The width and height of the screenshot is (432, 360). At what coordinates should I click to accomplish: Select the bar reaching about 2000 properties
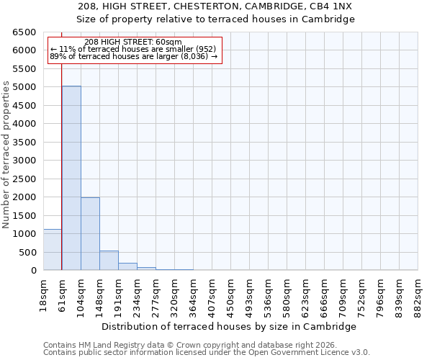tap(90, 234)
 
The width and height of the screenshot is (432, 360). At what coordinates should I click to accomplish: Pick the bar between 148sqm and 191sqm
tap(109, 261)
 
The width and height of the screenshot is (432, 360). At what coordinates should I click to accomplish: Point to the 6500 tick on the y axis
tap(24, 32)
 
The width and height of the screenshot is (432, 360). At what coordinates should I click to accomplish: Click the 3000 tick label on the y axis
tap(24, 161)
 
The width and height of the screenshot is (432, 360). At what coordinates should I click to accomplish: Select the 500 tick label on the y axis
tap(27, 253)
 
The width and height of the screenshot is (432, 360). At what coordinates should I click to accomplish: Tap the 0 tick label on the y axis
tap(33, 271)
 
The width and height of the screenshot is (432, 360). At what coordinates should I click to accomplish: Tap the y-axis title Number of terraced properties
tap(6, 155)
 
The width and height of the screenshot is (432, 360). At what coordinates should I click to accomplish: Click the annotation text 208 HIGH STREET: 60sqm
tap(133, 42)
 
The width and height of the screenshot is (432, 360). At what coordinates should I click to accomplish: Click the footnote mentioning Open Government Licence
tap(207, 353)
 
